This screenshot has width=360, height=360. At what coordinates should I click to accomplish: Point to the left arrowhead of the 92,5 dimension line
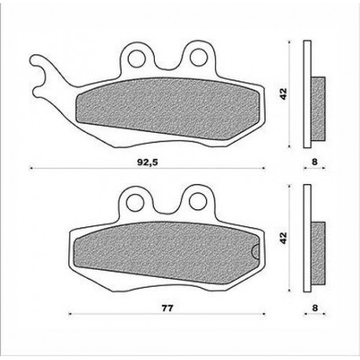click(x=32, y=168)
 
